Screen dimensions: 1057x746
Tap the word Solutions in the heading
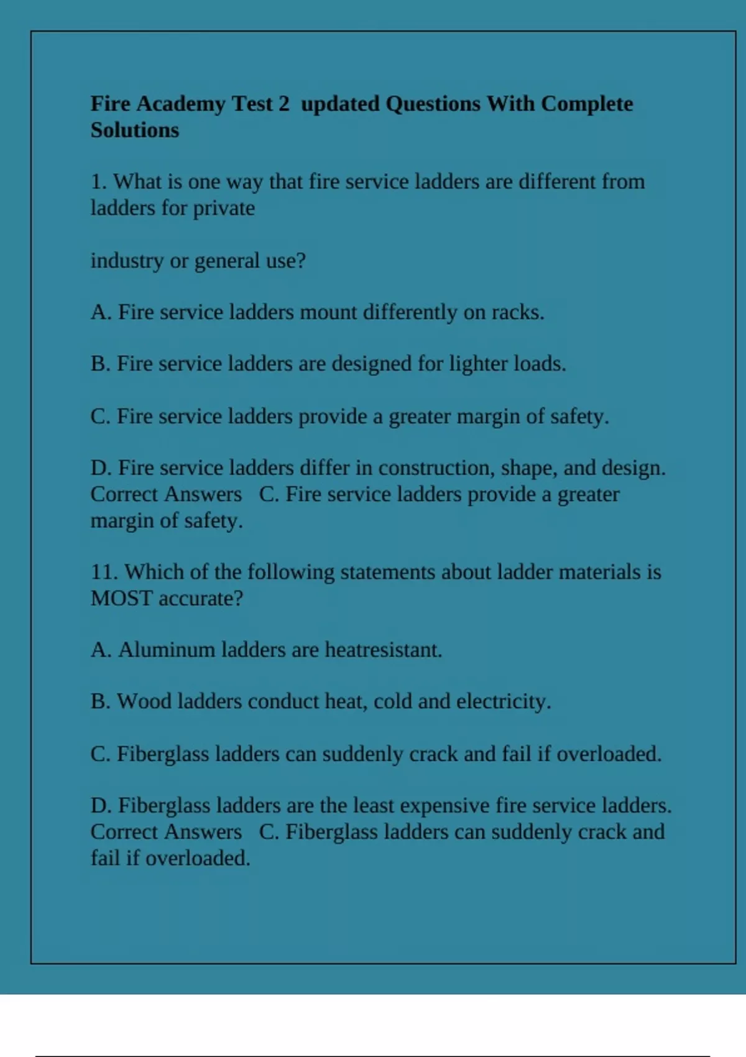coord(134,131)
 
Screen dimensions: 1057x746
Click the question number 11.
coord(104,572)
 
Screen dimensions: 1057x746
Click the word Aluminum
coord(167,650)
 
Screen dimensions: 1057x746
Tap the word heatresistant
coord(383,650)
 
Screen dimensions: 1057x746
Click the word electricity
coord(503,701)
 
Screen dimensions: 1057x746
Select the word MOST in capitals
coord(121,598)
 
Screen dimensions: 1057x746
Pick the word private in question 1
coord(224,208)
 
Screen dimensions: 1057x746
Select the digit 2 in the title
coord(283,104)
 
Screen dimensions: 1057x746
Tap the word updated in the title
coord(340,104)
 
